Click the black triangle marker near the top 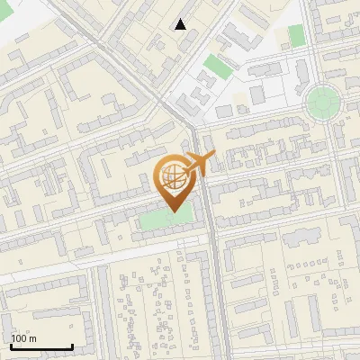click(x=181, y=24)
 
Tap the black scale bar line click(x=41, y=346)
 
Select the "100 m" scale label click(x=23, y=338)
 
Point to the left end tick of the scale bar click(x=11, y=345)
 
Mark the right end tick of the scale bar click(x=72, y=345)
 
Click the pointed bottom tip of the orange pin click(x=172, y=211)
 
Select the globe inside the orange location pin click(x=171, y=175)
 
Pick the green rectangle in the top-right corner click(x=296, y=35)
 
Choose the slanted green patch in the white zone click(x=215, y=66)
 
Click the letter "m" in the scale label click(x=32, y=338)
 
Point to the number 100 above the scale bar click(x=19, y=338)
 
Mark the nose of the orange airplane click(x=214, y=156)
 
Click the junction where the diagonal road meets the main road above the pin click(x=192, y=121)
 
